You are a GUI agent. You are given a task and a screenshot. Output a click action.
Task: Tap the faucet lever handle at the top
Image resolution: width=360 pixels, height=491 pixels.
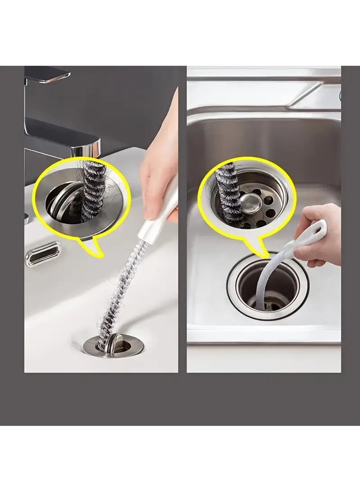click(x=45, y=74)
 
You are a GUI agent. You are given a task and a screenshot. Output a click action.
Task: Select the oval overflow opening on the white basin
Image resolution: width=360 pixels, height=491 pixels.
click(x=43, y=254)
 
